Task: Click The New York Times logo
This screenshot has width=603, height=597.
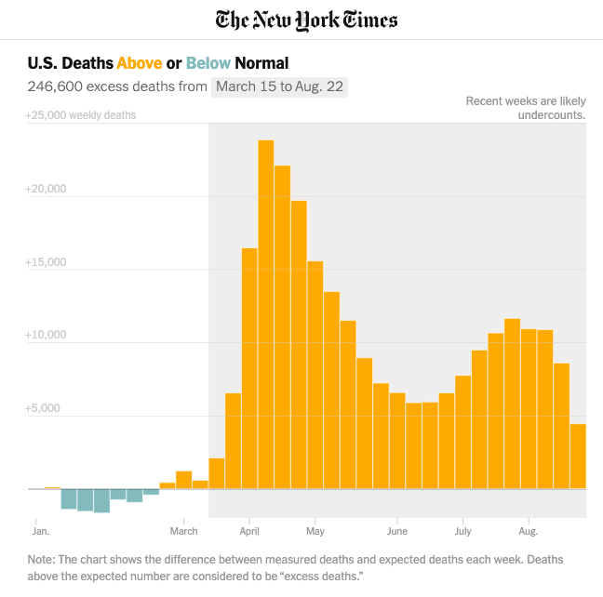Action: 306,20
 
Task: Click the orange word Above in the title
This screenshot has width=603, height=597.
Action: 139,63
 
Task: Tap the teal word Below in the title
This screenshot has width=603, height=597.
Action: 208,63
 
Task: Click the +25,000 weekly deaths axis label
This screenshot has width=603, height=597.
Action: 80,115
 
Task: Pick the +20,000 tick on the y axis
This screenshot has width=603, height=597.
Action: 46,189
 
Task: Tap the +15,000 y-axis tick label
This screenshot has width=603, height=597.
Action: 46,262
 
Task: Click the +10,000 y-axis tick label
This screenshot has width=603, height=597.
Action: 46,335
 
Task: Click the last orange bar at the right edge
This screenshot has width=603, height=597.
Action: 577,456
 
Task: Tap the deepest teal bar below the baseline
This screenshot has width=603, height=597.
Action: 101,500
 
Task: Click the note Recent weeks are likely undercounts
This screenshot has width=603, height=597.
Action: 526,108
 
